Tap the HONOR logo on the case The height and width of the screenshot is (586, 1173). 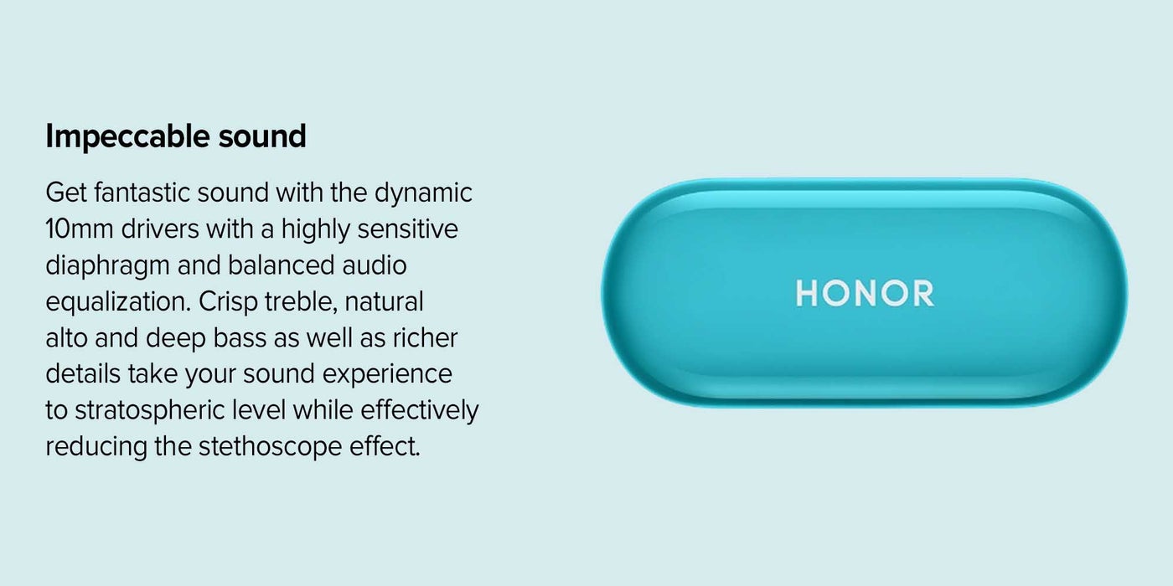pos(865,294)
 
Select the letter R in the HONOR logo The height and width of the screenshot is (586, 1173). pos(922,294)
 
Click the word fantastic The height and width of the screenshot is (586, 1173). pos(142,193)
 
